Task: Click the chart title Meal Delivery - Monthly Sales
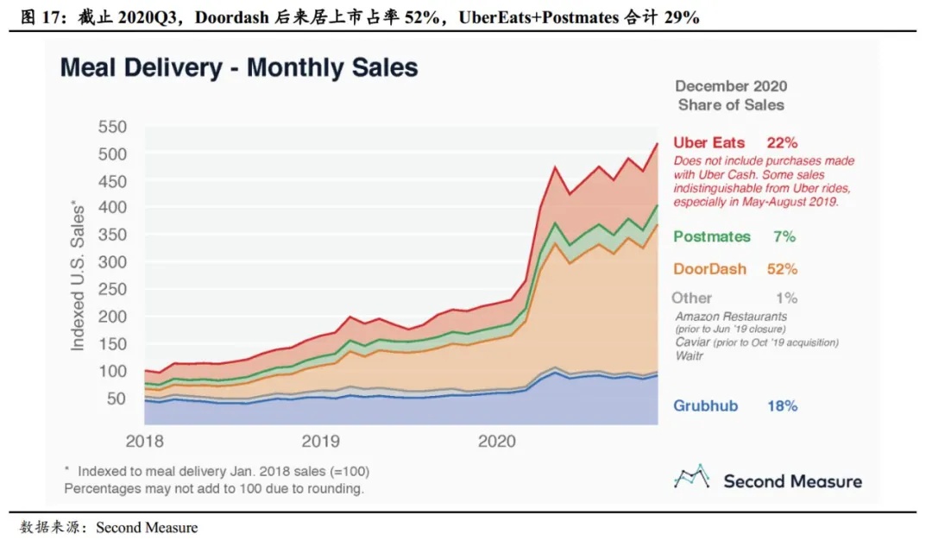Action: (x=239, y=68)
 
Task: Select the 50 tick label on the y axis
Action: (x=116, y=398)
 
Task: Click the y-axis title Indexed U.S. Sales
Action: (x=79, y=275)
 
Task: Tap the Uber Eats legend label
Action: (x=709, y=143)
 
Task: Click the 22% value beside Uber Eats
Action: (x=782, y=143)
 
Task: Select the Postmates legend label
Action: (x=712, y=236)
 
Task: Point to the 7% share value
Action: (x=785, y=236)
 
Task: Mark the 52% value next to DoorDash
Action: (x=782, y=269)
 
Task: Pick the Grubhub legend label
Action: (x=706, y=405)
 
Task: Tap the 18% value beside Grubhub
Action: (x=782, y=405)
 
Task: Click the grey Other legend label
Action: (x=692, y=298)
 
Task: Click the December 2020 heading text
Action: (x=731, y=86)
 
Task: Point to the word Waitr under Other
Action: (x=690, y=355)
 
